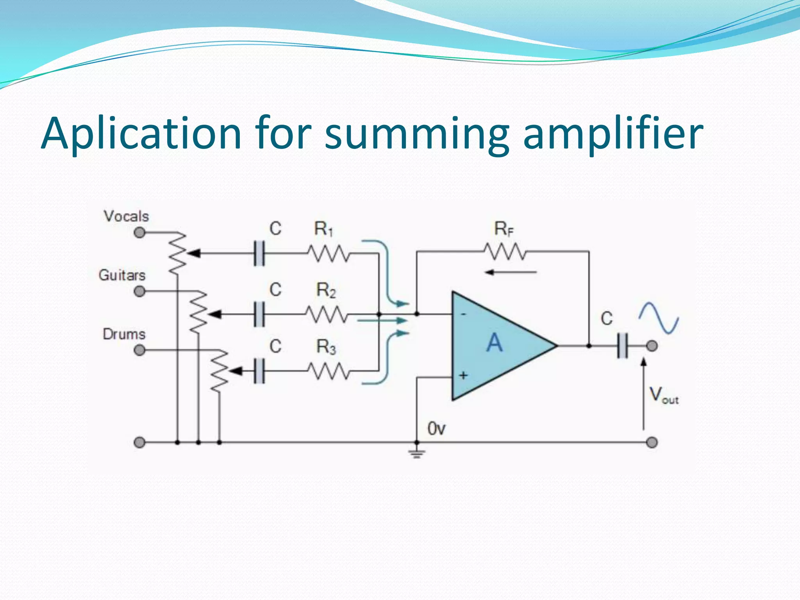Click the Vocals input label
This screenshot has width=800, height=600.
tap(126, 216)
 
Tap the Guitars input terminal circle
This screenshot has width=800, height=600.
tap(139, 291)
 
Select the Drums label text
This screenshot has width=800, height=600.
tap(124, 334)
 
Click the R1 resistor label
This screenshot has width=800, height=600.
tap(323, 229)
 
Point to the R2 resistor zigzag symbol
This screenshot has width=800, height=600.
tap(326, 314)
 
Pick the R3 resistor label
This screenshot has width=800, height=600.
tap(326, 347)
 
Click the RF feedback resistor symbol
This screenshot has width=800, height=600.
tap(505, 252)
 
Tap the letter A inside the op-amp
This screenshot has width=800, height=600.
tap(495, 343)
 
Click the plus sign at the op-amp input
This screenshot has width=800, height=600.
tap(463, 375)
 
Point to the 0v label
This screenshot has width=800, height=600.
tap(436, 429)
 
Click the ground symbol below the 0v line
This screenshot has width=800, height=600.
tap(417, 453)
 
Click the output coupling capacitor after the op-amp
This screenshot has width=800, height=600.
tap(623, 346)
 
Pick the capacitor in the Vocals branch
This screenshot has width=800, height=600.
tap(259, 254)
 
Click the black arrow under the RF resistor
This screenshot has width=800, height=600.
tap(510, 272)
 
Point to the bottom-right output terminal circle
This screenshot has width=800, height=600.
tap(652, 443)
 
